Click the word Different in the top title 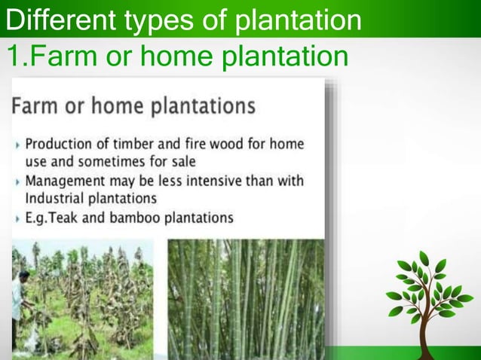[x=52, y=20]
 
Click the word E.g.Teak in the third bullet [x=54, y=218]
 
